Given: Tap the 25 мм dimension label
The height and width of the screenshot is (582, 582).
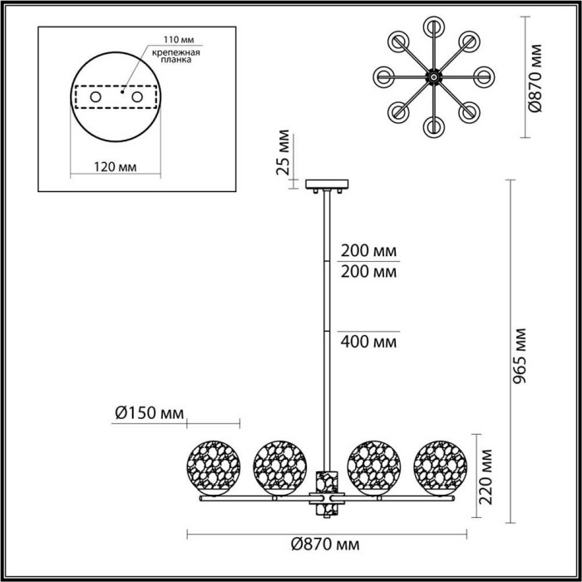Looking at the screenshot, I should [285, 155].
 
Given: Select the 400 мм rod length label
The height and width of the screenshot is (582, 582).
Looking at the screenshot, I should [368, 341].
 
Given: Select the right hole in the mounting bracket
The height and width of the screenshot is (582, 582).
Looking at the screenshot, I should [150, 98].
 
